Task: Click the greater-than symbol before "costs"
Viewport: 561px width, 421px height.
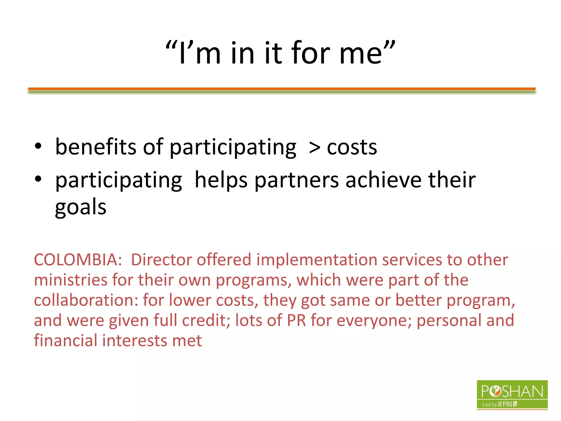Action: tap(314, 148)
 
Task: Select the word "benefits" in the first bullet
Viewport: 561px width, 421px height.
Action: tap(96, 147)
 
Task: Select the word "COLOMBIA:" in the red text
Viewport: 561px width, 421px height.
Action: tap(78, 260)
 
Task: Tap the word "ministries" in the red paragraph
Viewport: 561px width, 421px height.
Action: tap(71, 280)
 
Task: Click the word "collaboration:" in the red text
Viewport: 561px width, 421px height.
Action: tap(86, 300)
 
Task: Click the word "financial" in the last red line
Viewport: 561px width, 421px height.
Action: tap(65, 340)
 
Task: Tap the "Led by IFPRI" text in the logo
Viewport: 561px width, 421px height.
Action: tap(499, 404)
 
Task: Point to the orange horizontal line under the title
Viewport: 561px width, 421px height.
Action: tap(282, 89)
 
